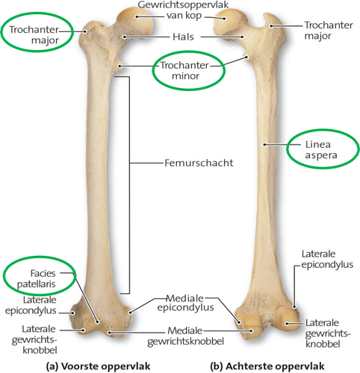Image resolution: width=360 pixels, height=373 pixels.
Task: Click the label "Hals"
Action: click(183, 37)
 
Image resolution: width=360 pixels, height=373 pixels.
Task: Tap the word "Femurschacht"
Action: click(199, 163)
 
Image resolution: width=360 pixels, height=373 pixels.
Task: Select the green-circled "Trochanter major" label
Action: click(34, 35)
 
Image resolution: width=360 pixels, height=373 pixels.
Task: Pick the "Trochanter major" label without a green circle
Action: click(329, 31)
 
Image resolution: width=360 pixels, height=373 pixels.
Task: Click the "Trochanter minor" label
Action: click(184, 70)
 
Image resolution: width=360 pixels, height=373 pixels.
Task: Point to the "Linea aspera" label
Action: click(321, 150)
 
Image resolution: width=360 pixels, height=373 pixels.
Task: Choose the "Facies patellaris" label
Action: click(37, 278)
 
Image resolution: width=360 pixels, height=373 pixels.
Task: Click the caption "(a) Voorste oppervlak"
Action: click(99, 366)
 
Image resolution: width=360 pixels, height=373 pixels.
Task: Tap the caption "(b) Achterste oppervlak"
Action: click(267, 366)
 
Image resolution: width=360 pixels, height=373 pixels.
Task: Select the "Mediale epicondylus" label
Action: click(185, 303)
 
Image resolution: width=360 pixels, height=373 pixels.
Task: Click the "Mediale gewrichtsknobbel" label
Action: click(185, 336)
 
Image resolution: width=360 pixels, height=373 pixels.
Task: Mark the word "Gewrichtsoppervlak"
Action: click(183, 4)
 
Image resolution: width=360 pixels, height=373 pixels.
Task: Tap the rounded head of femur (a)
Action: click(136, 21)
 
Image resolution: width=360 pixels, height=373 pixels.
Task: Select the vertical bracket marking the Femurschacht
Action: click(129, 185)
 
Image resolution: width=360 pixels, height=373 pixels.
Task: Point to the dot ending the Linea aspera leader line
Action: click(265, 144)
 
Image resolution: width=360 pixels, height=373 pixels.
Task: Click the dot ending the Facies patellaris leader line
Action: click(98, 322)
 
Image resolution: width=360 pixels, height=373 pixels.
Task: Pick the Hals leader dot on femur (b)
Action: click(242, 37)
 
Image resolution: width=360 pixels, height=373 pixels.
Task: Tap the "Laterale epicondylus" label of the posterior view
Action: click(327, 259)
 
